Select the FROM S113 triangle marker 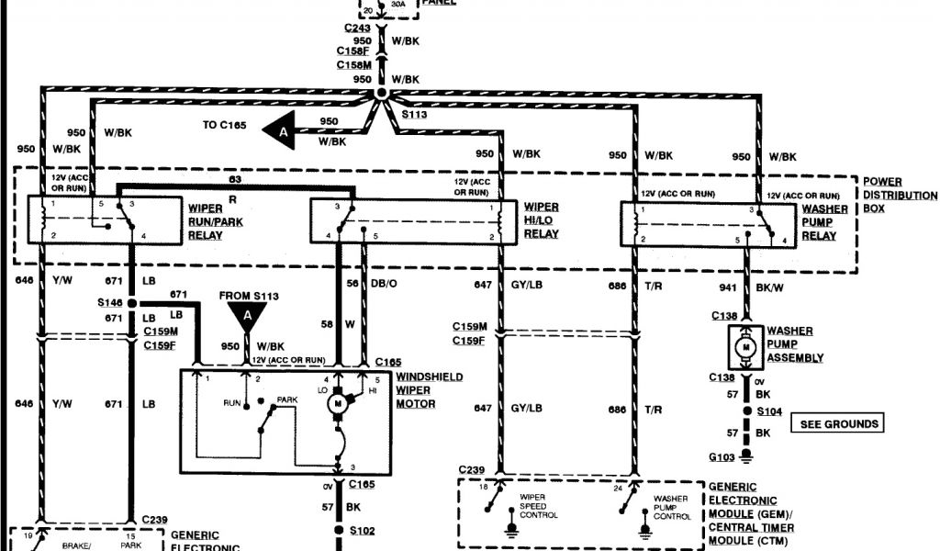[247, 317]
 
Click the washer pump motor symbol [746, 346]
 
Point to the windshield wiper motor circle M [337, 403]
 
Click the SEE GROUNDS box [838, 424]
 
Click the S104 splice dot [746, 412]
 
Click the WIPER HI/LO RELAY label [541, 221]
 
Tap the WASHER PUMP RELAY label [817, 222]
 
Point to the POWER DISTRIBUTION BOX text [900, 196]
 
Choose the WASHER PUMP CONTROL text [671, 507]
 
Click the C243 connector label [357, 28]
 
